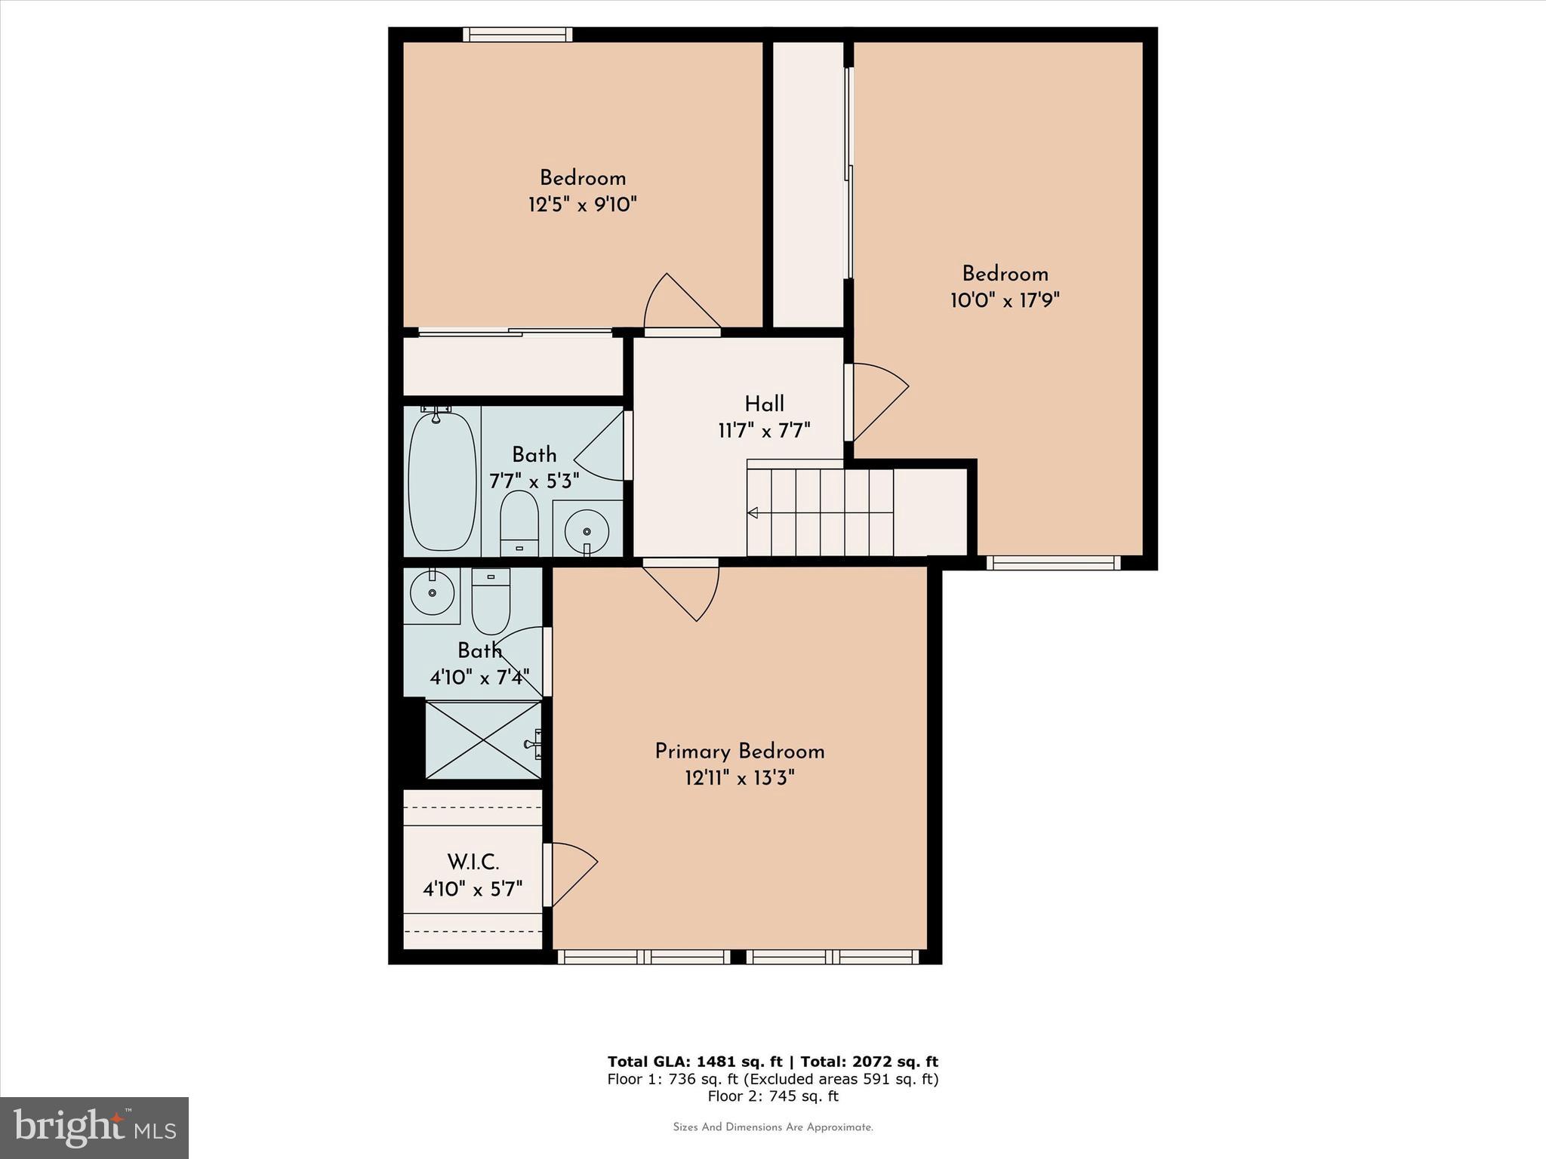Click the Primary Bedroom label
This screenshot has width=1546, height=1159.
click(x=739, y=752)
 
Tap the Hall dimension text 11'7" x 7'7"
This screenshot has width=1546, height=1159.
click(x=764, y=431)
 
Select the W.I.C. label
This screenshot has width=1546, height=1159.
click(x=473, y=862)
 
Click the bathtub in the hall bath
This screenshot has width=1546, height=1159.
click(x=442, y=481)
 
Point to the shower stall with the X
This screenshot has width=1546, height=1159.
click(x=483, y=740)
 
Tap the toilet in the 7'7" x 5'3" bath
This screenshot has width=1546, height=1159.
click(x=519, y=522)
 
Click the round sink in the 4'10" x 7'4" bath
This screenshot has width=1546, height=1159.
click(x=432, y=592)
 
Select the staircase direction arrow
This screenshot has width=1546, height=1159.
click(x=753, y=513)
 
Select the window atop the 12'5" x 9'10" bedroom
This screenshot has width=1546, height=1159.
click(x=517, y=35)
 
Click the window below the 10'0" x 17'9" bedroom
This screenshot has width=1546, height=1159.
click(x=1053, y=563)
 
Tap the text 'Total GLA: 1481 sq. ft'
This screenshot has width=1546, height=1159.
click(x=694, y=1062)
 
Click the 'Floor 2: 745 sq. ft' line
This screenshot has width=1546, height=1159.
click(x=773, y=1096)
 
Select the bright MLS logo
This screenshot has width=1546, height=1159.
click(x=94, y=1127)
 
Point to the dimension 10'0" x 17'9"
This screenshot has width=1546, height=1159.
click(x=1005, y=300)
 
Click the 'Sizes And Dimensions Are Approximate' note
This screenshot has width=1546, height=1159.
click(x=773, y=1127)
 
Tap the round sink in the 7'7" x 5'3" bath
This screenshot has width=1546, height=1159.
click(x=587, y=530)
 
